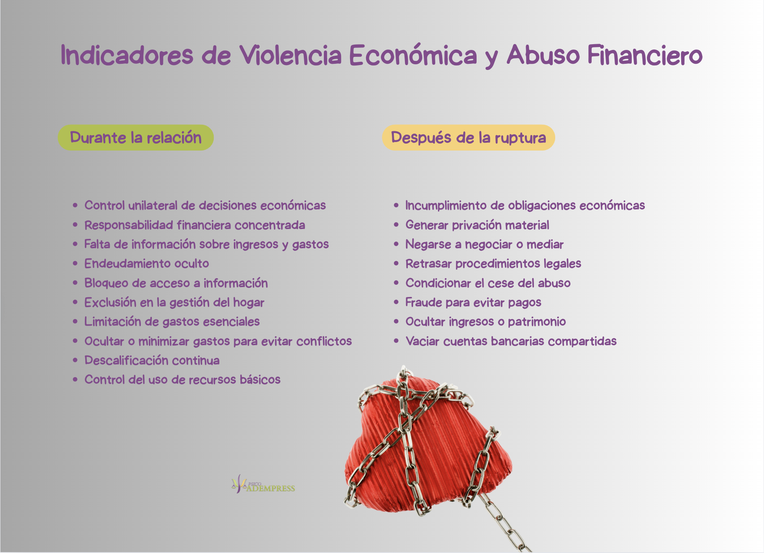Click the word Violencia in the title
[290, 55]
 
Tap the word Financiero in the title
[645, 55]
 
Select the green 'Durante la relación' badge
[136, 137]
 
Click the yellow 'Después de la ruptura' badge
[468, 137]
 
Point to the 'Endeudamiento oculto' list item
[147, 263]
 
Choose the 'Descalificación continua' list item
[152, 360]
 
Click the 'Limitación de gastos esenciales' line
[172, 321]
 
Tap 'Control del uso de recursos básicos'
[182, 380]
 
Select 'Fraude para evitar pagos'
[473, 302]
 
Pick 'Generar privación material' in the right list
[477, 225]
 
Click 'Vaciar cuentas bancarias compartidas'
[511, 341]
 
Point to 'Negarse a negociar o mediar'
[484, 244]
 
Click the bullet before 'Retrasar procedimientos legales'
[396, 263]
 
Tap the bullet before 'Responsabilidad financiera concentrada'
[75, 225]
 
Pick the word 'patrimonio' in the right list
[537, 322]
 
